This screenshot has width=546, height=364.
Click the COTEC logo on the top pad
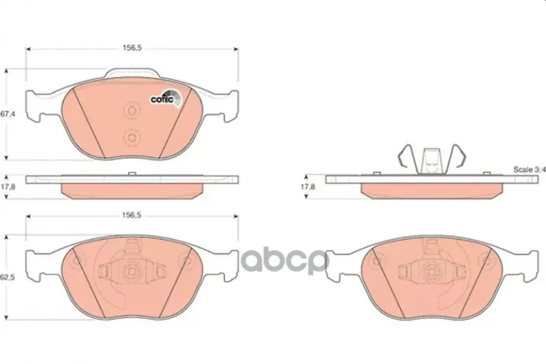(167, 98)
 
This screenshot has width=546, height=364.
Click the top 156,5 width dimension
(132, 48)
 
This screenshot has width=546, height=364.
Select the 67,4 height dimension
(8, 113)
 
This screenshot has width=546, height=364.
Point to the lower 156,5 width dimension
(131, 215)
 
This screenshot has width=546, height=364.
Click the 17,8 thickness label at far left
(8, 186)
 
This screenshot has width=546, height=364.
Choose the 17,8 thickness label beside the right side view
(308, 186)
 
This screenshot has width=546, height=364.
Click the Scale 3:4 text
(530, 169)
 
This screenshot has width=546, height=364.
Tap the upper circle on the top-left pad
(132, 111)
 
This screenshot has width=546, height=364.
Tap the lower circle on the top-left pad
(132, 137)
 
